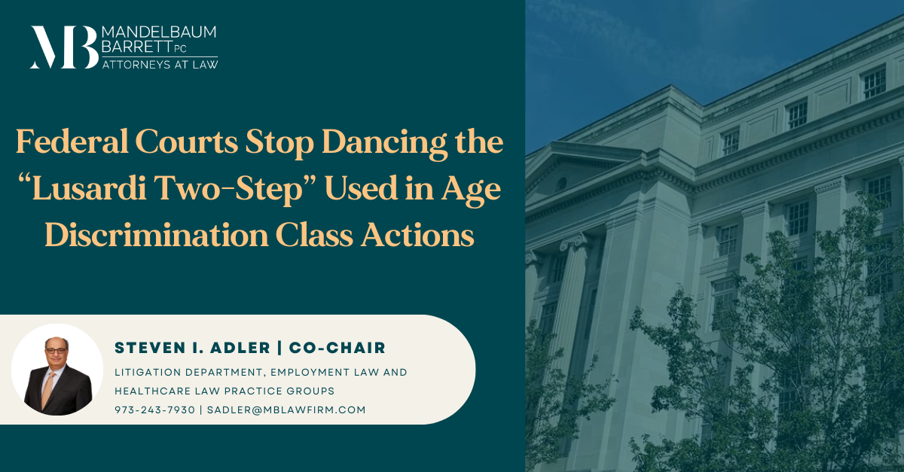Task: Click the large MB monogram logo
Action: (63, 47)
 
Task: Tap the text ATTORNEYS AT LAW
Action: (159, 65)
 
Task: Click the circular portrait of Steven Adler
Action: (57, 370)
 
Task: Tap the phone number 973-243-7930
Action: (154, 410)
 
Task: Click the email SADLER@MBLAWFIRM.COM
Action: (288, 410)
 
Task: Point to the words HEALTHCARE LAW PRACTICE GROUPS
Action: (224, 391)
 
